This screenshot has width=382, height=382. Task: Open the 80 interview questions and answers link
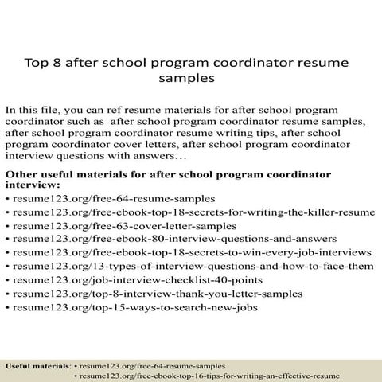coord(162,240)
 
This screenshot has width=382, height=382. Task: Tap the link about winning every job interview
coord(188,253)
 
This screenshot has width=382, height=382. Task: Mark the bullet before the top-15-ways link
coord(7,307)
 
